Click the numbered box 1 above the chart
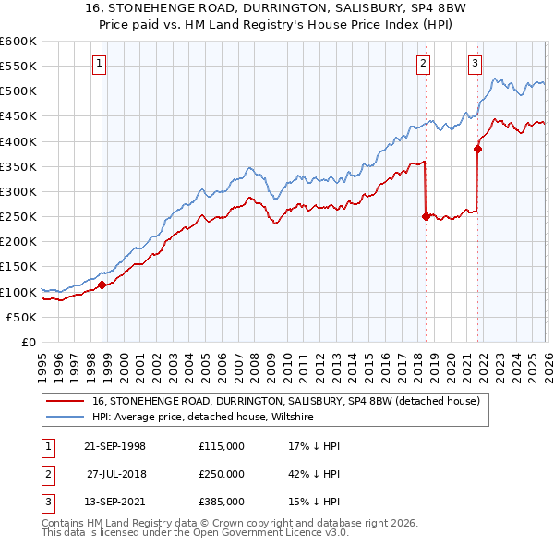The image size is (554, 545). point(99,64)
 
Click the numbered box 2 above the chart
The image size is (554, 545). point(423,64)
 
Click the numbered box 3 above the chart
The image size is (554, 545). point(475,64)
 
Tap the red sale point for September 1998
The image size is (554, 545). point(102,285)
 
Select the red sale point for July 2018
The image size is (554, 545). point(426,217)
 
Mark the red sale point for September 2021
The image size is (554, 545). point(477,149)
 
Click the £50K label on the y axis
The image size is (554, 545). point(22,317)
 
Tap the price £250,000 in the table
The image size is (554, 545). point(221,474)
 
